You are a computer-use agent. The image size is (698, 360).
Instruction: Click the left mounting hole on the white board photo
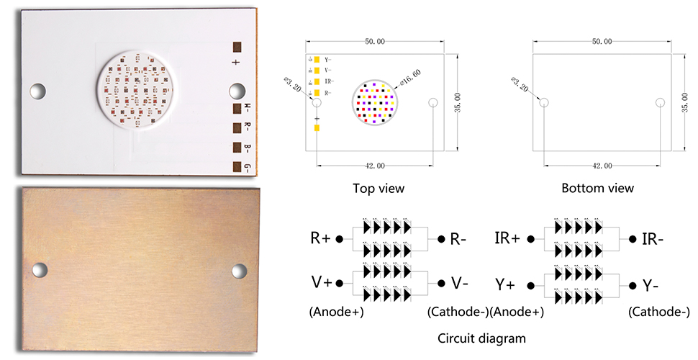[37, 91]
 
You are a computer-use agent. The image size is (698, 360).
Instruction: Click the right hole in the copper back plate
[239, 271]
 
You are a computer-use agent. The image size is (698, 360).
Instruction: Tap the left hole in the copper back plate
[40, 270]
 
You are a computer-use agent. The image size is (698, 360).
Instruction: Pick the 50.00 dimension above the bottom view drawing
[602, 42]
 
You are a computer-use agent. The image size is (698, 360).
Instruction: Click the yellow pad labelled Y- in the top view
[317, 59]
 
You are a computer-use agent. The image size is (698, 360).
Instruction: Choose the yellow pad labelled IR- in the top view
[317, 82]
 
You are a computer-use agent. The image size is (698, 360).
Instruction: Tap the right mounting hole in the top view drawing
[432, 103]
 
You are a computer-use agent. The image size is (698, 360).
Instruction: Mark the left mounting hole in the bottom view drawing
[543, 102]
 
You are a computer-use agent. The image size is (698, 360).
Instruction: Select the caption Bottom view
[598, 189]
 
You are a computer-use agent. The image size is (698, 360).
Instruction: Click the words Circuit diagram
[481, 337]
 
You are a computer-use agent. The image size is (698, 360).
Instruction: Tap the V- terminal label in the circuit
[460, 283]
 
